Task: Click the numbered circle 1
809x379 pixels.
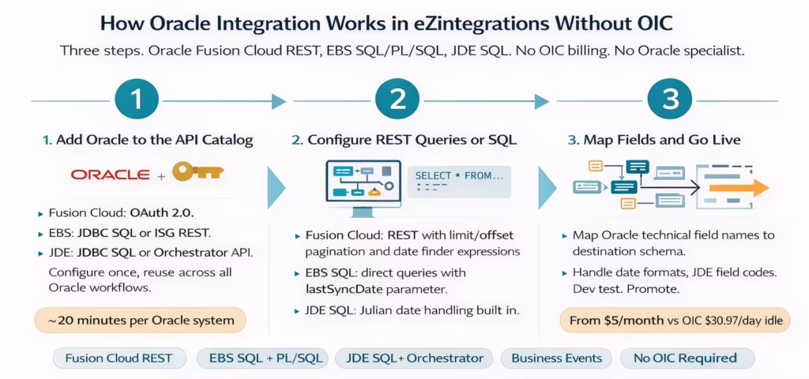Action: point(138,101)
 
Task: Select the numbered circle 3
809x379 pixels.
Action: point(670,101)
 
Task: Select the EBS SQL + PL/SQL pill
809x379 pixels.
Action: point(264,358)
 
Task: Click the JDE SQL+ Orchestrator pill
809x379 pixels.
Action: point(414,358)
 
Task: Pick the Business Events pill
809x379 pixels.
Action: point(556,358)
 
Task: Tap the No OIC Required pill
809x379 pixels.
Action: point(686,358)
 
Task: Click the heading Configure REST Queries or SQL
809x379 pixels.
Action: point(404,141)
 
